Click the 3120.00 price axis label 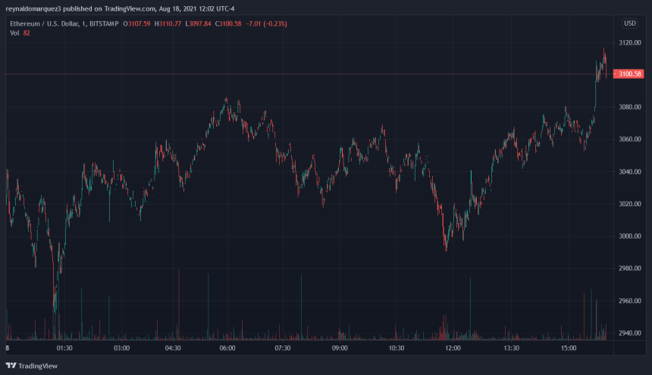[x=629, y=42]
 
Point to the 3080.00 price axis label [x=629, y=107]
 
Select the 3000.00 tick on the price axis [x=629, y=236]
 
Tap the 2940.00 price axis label [x=629, y=333]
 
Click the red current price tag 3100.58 [x=630, y=74]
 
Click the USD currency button [x=629, y=23]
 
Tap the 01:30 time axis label [x=64, y=348]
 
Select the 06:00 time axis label [x=227, y=348]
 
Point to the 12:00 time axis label [x=453, y=348]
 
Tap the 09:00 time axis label [x=339, y=348]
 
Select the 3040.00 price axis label [x=629, y=171]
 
